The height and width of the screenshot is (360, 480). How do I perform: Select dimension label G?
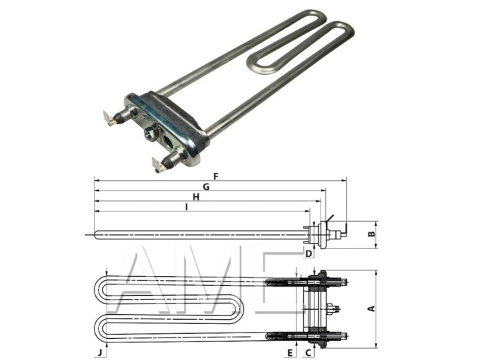(x=205, y=186)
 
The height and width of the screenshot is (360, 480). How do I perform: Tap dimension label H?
(x=196, y=198)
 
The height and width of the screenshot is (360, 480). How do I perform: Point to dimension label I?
(x=186, y=207)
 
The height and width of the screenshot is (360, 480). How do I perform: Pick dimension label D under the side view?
(x=308, y=252)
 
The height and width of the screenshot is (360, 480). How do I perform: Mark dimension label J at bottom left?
(x=100, y=350)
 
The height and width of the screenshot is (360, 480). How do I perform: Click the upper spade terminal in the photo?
(x=112, y=118)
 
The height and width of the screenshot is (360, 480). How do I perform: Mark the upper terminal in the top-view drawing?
(x=342, y=283)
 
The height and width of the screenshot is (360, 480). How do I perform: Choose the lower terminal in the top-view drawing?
(x=342, y=335)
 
